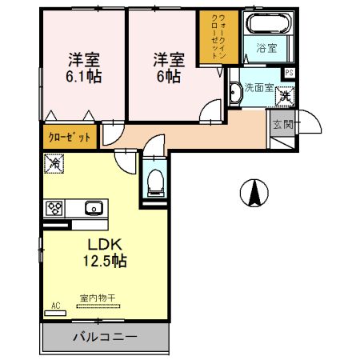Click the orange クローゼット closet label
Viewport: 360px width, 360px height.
click(70, 137)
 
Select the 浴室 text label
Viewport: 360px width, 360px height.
click(266, 49)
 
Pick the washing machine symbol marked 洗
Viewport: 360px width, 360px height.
click(284, 96)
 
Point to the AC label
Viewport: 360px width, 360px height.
click(56, 305)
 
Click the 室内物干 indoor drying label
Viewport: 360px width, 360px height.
click(98, 298)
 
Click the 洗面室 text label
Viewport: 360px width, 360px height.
click(258, 86)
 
